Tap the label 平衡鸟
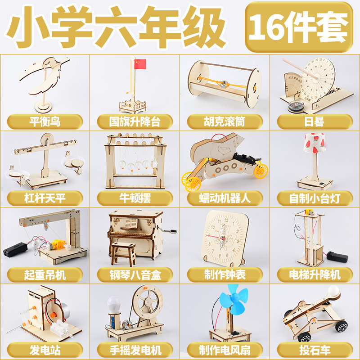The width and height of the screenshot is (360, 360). [45, 121]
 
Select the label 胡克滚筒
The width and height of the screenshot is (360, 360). [225, 121]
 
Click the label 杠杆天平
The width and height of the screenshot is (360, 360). [45, 197]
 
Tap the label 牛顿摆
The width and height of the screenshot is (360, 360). [135, 197]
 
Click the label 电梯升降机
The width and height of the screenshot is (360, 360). [315, 274]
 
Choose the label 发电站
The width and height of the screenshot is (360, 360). [45, 349]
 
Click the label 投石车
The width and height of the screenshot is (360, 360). [315, 349]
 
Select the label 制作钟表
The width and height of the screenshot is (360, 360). [225, 274]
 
